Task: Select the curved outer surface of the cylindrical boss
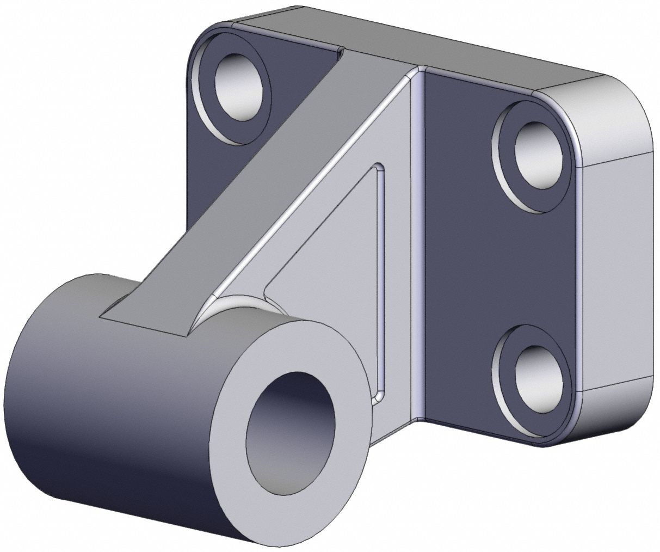point(109,397)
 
